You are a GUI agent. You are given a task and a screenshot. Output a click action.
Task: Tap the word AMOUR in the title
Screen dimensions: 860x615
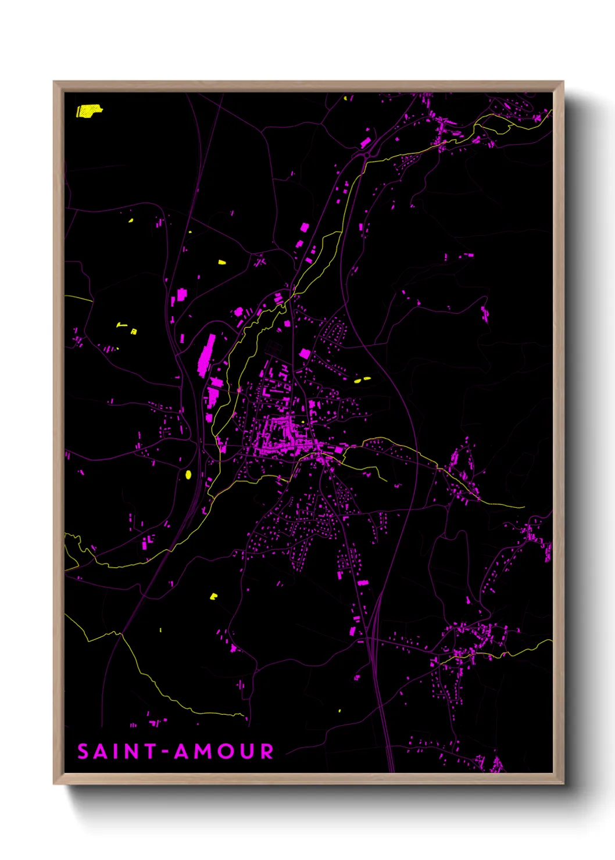(x=224, y=751)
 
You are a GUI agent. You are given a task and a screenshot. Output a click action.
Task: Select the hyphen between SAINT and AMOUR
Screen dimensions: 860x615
(x=166, y=752)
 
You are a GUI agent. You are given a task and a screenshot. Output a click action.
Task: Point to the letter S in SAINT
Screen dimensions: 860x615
(x=83, y=751)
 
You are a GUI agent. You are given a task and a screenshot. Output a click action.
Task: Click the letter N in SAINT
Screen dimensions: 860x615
(x=131, y=751)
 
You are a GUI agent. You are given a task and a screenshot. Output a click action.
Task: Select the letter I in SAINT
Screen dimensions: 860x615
(x=116, y=751)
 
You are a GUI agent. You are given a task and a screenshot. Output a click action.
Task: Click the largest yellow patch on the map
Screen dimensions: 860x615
(x=88, y=110)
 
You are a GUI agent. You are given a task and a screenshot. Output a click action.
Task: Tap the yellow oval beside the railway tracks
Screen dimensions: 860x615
(x=188, y=475)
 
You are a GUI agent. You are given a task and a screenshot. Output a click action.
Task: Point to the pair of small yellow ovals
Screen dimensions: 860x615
(x=362, y=380)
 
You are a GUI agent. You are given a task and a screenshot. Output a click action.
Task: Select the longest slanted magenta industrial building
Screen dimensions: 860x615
(x=206, y=354)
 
